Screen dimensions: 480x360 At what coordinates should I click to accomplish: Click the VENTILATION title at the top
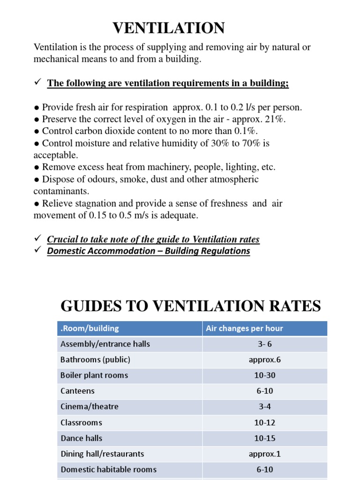pos(168,28)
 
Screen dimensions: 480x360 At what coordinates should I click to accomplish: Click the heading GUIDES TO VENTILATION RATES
pos(191,307)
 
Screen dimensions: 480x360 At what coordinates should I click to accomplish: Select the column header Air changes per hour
pos(244,329)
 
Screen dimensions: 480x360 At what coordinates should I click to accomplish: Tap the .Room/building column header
pos(90,329)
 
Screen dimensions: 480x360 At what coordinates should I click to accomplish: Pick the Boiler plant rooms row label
pos(94,375)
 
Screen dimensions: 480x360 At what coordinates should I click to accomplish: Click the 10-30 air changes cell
pos(264,375)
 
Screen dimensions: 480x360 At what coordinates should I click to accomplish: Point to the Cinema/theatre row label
pos(90,407)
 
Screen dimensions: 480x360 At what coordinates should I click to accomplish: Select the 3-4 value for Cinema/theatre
pos(264,407)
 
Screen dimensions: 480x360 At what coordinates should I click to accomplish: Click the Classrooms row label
pos(81,423)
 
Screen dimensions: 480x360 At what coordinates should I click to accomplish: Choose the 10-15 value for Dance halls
pos(264,438)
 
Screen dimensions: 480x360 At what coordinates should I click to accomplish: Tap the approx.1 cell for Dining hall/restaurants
pos(264,454)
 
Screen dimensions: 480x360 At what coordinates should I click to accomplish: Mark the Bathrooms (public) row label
pos(95,360)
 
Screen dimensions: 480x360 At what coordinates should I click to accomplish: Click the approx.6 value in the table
pos(264,360)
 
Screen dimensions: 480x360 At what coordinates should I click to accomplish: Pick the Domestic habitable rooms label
pos(108,470)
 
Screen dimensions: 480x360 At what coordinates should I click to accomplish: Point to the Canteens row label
pos(77,391)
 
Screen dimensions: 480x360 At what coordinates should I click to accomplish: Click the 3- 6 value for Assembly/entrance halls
pos(264,344)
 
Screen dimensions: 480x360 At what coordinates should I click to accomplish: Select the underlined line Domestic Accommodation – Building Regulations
pos(149,251)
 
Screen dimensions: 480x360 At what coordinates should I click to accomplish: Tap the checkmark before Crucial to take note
pos(38,239)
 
